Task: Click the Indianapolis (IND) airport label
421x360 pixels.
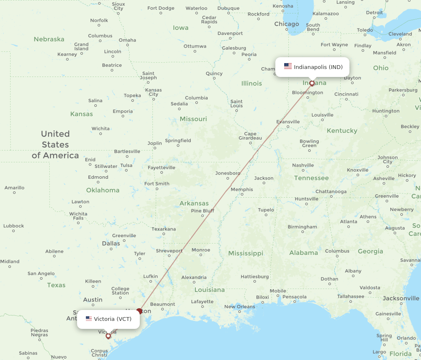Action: [x=318, y=67]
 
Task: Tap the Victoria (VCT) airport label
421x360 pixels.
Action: [x=112, y=319]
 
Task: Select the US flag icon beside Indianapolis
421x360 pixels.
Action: [x=288, y=66]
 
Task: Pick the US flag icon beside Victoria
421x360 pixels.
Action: [x=89, y=319]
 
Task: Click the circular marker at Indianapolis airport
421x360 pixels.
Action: [x=312, y=83]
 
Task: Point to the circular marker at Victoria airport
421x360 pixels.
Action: [x=108, y=336]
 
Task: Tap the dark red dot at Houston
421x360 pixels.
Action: [x=139, y=312]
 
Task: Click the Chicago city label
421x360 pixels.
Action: [x=287, y=24]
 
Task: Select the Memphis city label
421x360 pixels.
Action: [x=242, y=189]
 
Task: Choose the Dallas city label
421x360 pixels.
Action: [x=111, y=244]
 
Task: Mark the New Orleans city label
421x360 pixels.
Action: [x=240, y=307]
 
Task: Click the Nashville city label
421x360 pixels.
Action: [x=303, y=165]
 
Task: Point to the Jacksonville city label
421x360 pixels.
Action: [x=401, y=298]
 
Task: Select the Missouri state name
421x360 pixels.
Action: [x=193, y=119]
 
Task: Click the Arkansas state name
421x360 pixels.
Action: [x=194, y=204]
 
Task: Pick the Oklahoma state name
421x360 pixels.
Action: [x=103, y=190]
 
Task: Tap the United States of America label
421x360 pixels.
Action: [x=55, y=145]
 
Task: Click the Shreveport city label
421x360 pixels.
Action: [x=169, y=251]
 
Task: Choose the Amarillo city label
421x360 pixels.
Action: [x=14, y=188]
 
